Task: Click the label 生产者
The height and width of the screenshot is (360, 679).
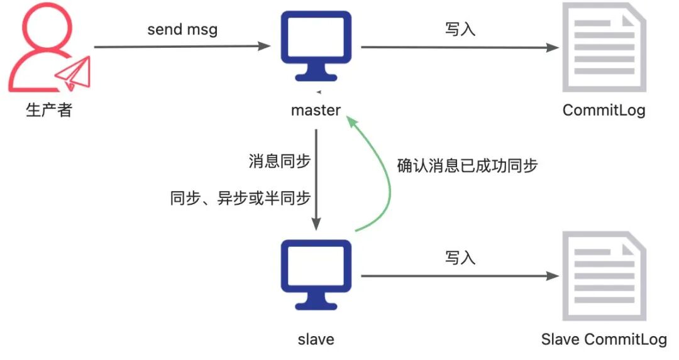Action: coord(49,111)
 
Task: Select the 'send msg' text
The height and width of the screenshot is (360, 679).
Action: coord(182,30)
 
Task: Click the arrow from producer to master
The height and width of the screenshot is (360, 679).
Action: coord(182,46)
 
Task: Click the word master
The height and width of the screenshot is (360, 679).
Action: coord(316,111)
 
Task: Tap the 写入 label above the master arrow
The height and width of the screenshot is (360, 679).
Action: coord(460,30)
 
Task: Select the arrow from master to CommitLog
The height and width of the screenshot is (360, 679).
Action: coord(459,47)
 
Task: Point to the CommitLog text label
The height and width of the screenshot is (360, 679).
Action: coord(604,111)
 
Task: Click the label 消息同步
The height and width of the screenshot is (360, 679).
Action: coord(280,161)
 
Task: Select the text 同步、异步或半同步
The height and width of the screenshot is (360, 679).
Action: coord(241,199)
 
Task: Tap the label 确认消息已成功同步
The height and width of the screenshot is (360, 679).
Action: coord(468,165)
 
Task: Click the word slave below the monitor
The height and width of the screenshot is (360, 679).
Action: coord(316,340)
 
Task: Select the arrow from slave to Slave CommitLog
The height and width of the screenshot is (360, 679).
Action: coord(459,276)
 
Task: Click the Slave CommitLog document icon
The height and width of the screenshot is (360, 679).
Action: coord(604,275)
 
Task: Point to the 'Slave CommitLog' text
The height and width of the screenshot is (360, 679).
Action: coord(604,340)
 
